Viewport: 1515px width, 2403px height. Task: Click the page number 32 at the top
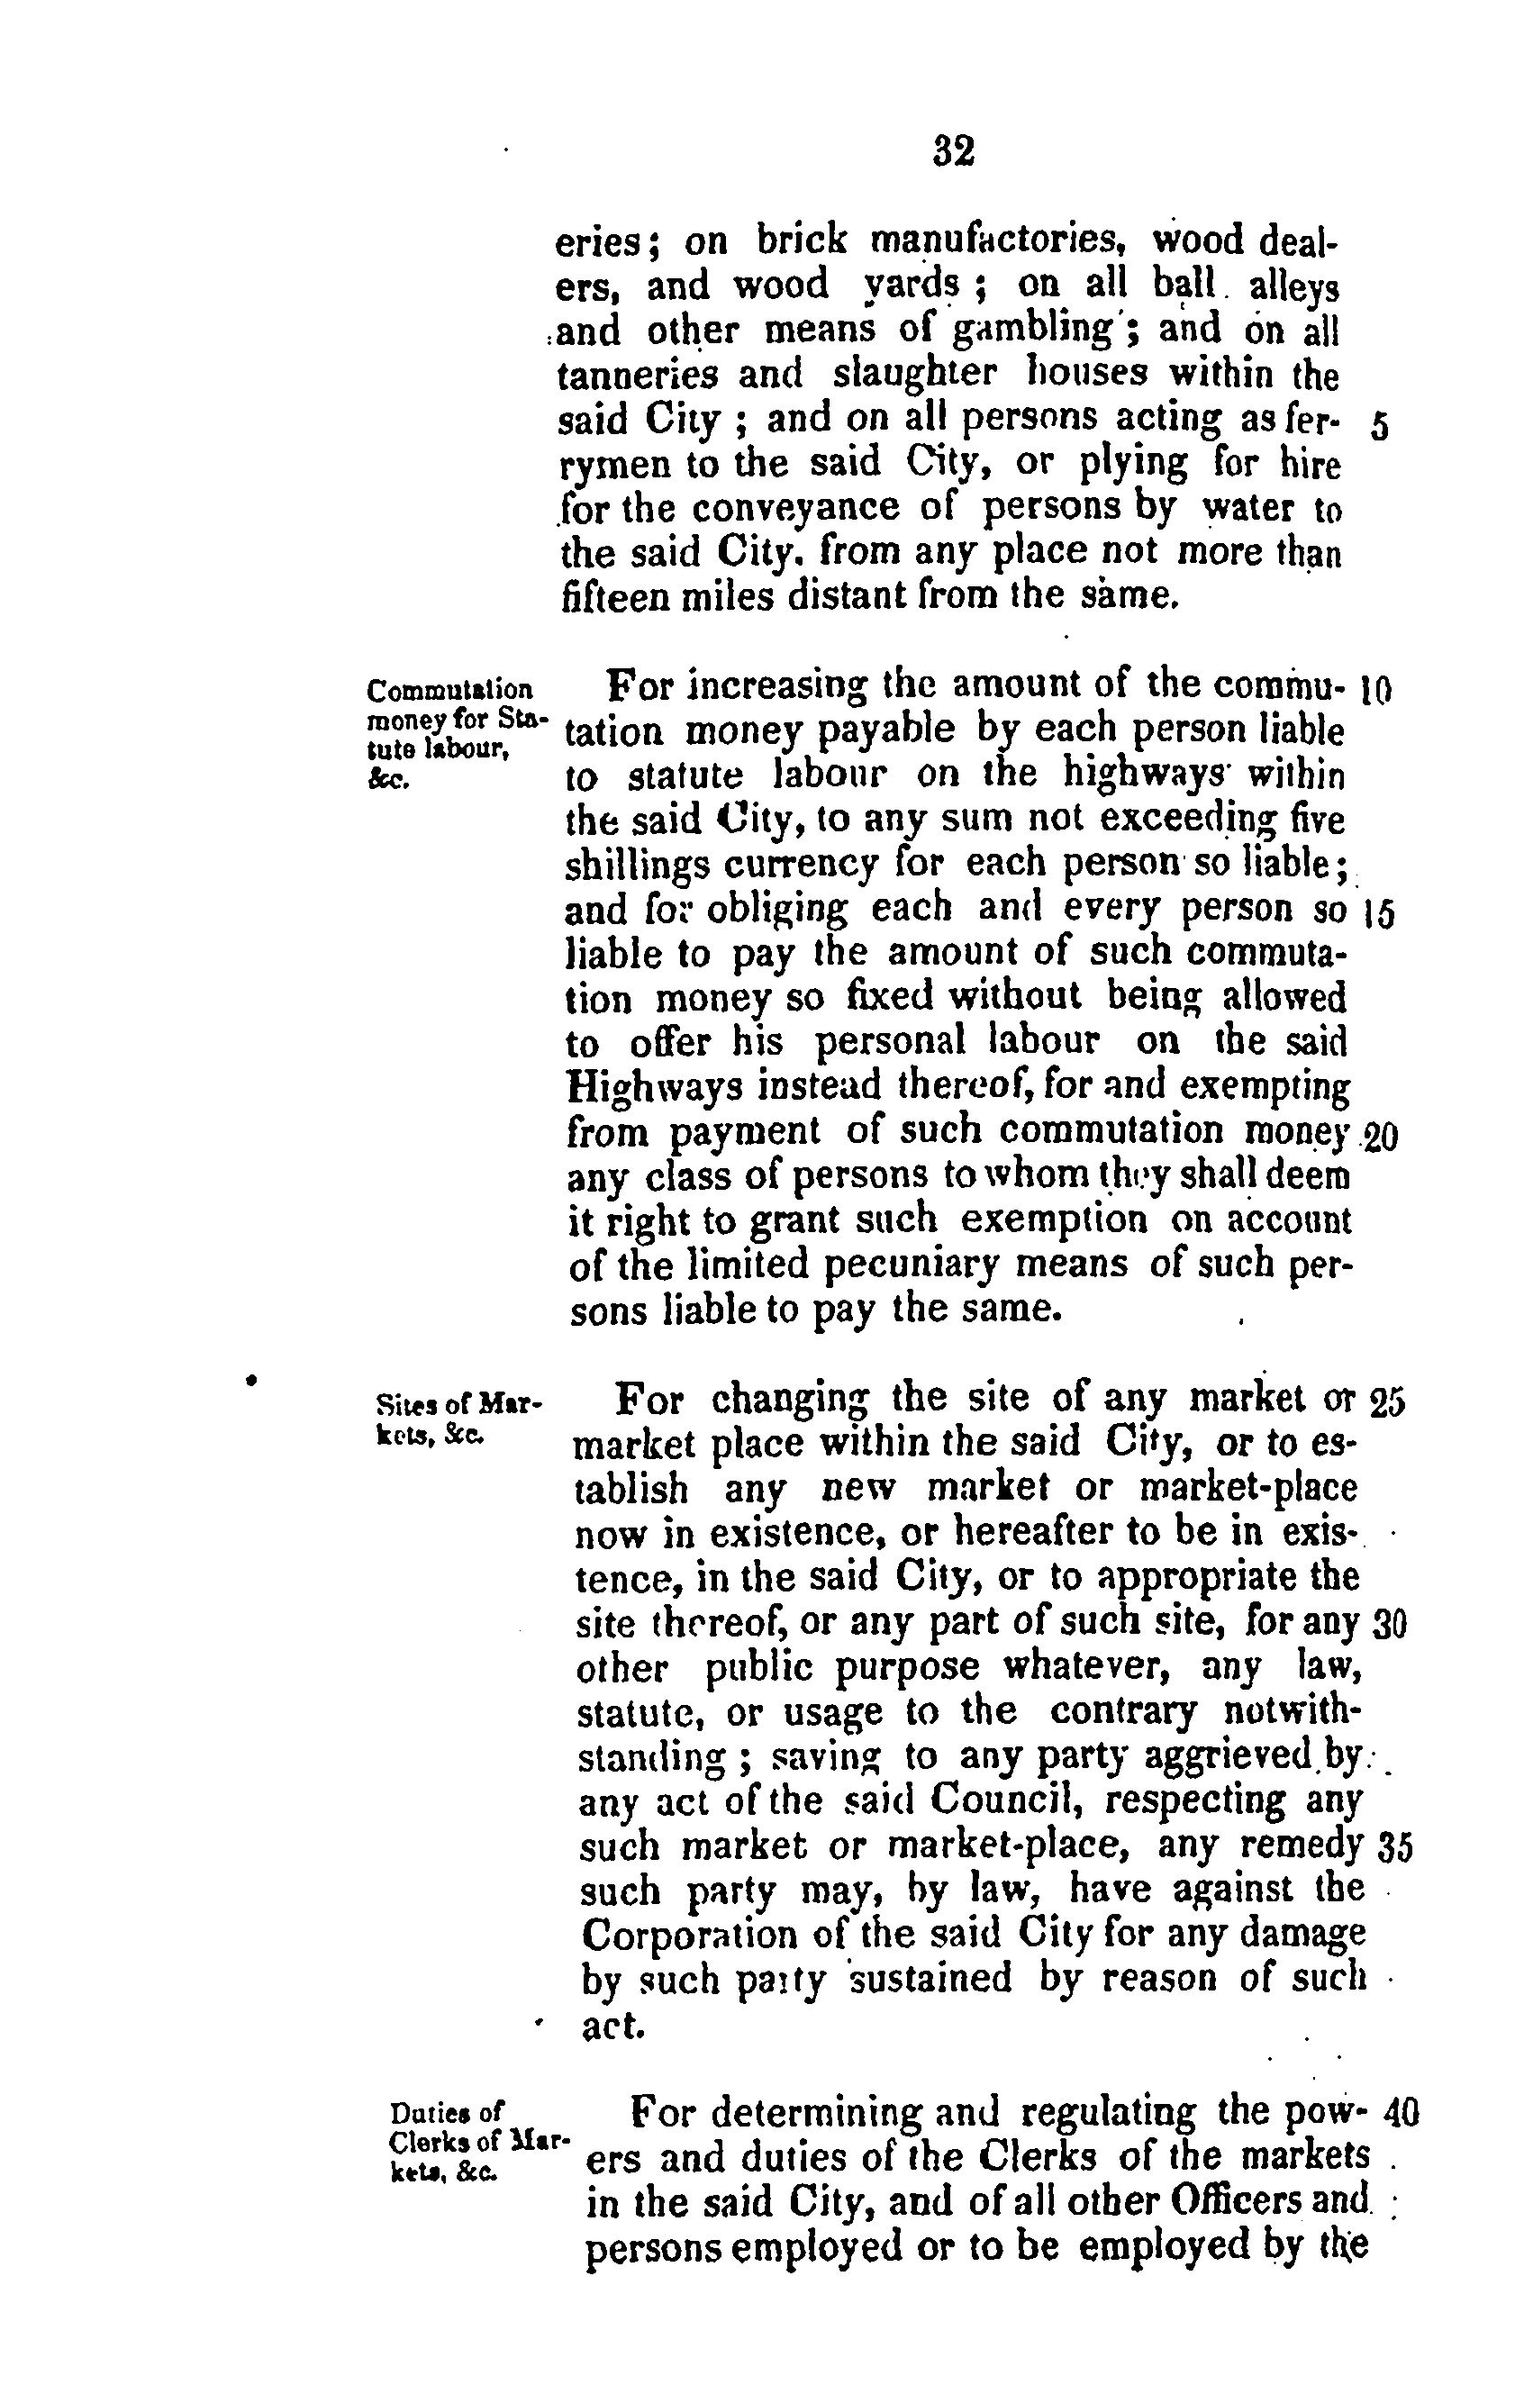click(x=953, y=150)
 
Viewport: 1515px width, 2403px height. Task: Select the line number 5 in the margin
click(x=1379, y=427)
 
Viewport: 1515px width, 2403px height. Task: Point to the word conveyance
click(x=795, y=510)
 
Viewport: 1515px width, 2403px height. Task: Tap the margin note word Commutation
click(x=450, y=691)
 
